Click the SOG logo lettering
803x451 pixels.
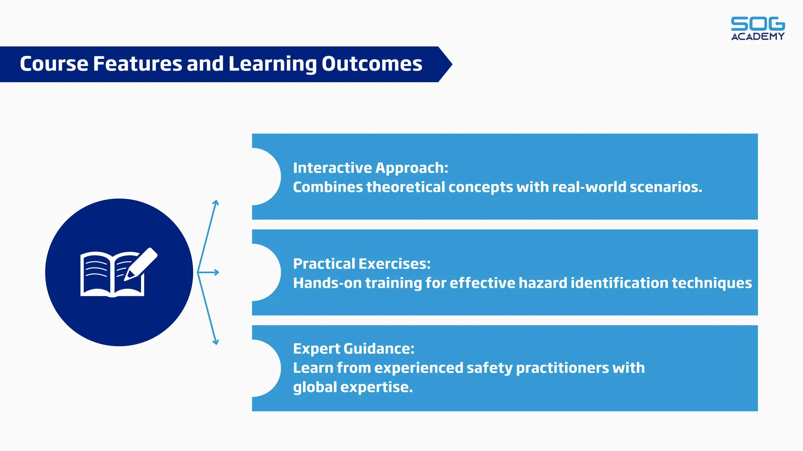point(758,24)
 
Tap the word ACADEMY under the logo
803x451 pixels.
point(758,36)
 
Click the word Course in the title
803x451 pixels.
point(54,64)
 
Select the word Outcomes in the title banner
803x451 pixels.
point(372,64)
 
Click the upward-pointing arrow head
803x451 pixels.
point(216,202)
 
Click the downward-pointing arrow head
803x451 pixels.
point(215,342)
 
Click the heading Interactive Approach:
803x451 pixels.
point(370,168)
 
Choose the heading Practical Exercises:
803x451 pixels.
point(362,264)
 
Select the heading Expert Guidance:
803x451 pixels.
point(353,349)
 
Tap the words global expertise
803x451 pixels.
point(352,387)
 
